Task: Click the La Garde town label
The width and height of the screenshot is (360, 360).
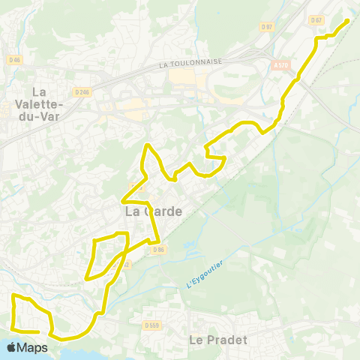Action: pyautogui.click(x=153, y=211)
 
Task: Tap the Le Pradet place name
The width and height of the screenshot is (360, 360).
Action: pyautogui.click(x=217, y=340)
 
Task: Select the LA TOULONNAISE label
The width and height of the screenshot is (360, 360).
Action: pyautogui.click(x=191, y=64)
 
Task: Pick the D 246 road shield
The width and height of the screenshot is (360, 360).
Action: pyautogui.click(x=82, y=92)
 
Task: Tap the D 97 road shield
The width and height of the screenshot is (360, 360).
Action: pyautogui.click(x=267, y=27)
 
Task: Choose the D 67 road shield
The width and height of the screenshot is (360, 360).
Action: pyautogui.click(x=316, y=19)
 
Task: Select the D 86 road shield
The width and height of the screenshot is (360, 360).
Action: pyautogui.click(x=157, y=249)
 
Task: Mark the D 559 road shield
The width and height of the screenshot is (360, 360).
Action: pyautogui.click(x=153, y=325)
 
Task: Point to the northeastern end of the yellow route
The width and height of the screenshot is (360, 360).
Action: pyautogui.click(x=348, y=20)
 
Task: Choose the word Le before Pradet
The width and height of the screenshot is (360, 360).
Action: pyautogui.click(x=196, y=340)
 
